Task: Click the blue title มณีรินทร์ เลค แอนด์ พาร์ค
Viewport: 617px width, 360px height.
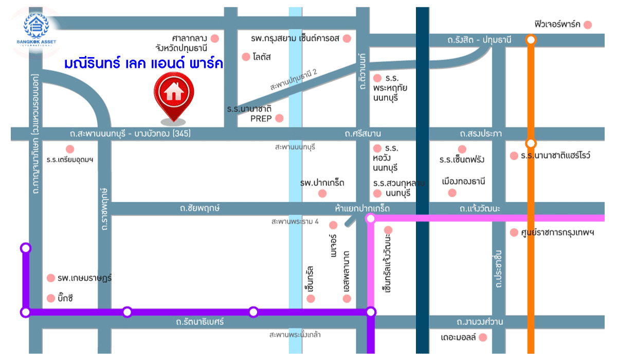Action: [x=143, y=64]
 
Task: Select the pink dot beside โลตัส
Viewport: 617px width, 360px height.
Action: [x=245, y=56]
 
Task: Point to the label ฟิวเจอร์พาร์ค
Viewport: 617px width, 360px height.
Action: [x=557, y=25]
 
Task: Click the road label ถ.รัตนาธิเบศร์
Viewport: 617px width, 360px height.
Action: [x=200, y=322]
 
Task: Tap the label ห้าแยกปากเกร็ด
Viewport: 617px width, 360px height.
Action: [x=362, y=209]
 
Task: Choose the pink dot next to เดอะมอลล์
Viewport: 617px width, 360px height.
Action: [x=482, y=337]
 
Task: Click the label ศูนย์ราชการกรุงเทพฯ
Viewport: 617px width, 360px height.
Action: [x=557, y=232]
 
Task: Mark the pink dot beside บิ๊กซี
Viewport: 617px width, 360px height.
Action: [x=50, y=298]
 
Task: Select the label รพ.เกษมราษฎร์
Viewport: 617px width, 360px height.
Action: [x=85, y=278]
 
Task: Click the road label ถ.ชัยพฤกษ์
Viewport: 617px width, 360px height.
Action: [x=200, y=209]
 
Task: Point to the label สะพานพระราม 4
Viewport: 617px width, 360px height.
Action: [x=296, y=222]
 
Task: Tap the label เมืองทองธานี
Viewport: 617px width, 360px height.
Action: [x=463, y=182]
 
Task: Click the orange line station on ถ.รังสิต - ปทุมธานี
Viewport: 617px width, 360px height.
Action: [x=531, y=40]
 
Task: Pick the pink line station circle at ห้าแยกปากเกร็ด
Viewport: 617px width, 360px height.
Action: [x=370, y=219]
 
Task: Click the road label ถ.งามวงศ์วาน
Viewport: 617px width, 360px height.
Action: [x=480, y=322]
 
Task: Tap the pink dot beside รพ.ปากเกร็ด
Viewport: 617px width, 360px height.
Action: [x=322, y=193]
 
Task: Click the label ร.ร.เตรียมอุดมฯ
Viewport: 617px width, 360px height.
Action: [x=70, y=160]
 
